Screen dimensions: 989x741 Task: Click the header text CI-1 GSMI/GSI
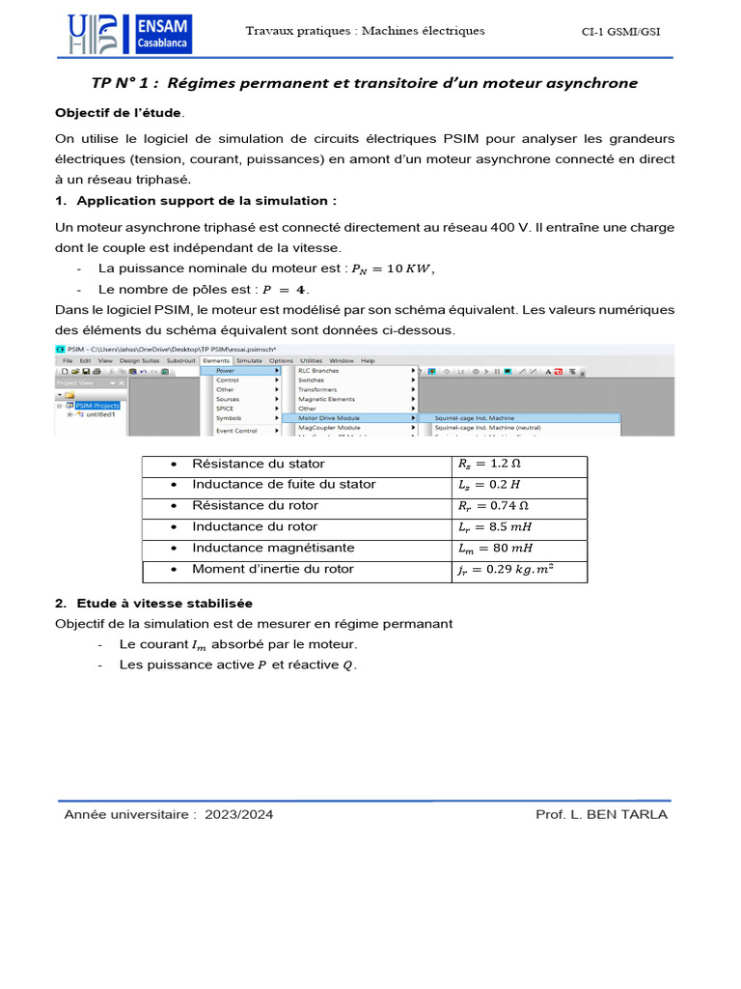620,32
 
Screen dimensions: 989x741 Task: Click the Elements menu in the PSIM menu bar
216,360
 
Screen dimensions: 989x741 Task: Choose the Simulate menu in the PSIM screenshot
249,360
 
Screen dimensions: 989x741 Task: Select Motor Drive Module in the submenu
329,417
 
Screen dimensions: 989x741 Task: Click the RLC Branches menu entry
318,370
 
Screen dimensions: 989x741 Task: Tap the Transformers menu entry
317,389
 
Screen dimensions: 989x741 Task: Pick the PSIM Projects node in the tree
97,406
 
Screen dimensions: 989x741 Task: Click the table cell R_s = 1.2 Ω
490,464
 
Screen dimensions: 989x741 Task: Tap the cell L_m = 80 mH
491,549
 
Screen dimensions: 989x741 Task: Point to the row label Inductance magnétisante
273,548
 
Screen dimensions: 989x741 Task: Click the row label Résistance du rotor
255,505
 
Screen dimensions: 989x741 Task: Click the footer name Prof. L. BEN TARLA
601,814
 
